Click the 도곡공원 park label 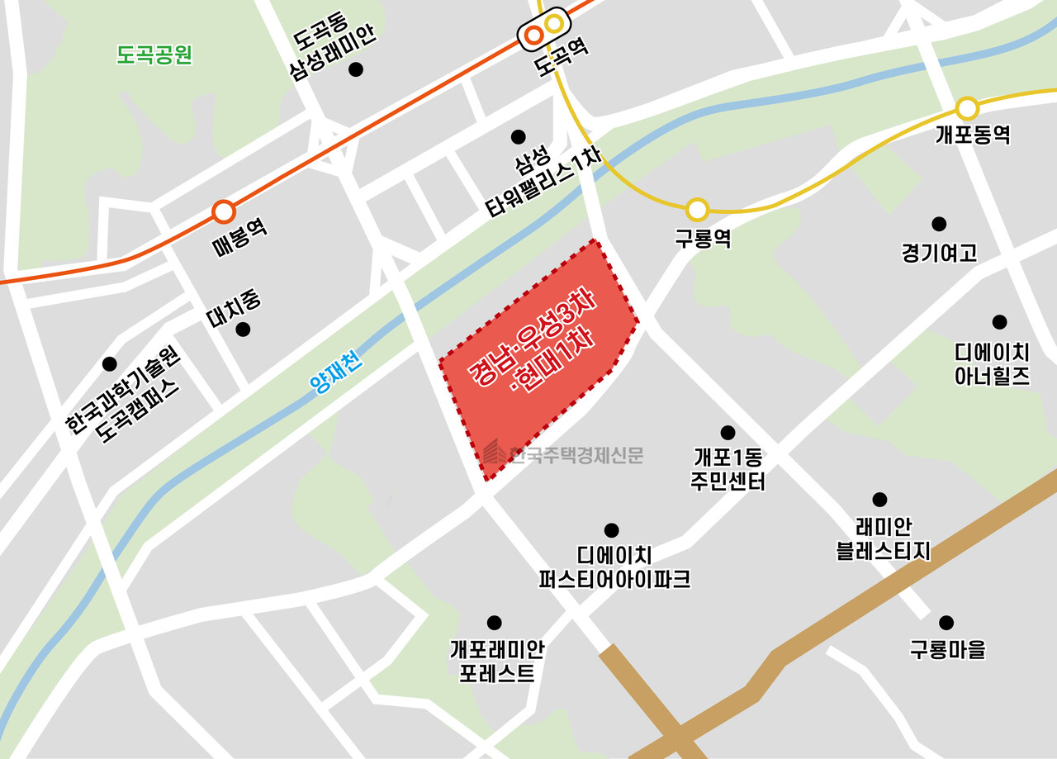click(x=154, y=55)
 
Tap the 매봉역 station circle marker click(x=223, y=212)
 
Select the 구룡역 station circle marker click(x=698, y=210)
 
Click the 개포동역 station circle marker click(x=967, y=108)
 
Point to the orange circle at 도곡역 click(x=533, y=35)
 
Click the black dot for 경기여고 click(x=939, y=224)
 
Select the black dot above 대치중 click(x=243, y=330)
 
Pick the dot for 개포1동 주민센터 click(x=728, y=433)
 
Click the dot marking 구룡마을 click(x=946, y=623)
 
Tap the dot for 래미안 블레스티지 click(x=879, y=500)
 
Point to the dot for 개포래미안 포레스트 click(x=494, y=623)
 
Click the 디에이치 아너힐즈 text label click(x=992, y=364)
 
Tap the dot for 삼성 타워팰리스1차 click(x=518, y=136)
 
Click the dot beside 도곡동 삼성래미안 click(x=356, y=70)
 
